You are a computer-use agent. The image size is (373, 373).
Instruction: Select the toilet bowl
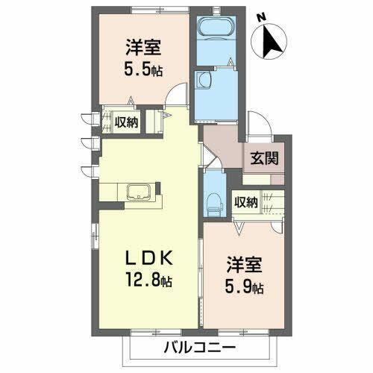pyautogui.click(x=214, y=199)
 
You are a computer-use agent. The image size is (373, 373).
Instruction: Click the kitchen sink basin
pyautogui.click(x=140, y=192)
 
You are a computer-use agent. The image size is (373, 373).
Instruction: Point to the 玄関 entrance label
pyautogui.click(x=262, y=159)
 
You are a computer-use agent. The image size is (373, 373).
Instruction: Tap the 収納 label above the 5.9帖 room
pyautogui.click(x=246, y=201)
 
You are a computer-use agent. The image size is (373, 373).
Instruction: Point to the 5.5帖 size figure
pyautogui.click(x=143, y=69)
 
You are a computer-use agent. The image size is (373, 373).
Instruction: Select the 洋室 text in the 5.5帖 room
pyautogui.click(x=142, y=46)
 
